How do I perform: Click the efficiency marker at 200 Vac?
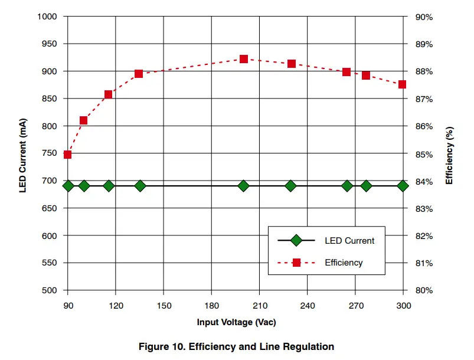coord(244,59)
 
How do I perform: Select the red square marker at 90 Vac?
coord(67,155)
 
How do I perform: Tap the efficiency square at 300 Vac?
coord(403,84)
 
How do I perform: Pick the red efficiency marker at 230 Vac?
coord(292,64)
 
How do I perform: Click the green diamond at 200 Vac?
coord(244,186)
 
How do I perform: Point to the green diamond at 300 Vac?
coord(403,186)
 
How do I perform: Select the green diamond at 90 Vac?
coord(68,186)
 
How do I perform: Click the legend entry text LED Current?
coord(349,241)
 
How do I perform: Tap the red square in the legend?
coord(296,263)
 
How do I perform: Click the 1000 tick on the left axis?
coord(47,17)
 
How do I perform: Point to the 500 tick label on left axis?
coord(50,290)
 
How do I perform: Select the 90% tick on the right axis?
coord(424,17)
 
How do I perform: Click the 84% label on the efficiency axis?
coord(424,182)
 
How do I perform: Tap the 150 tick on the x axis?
coord(164,306)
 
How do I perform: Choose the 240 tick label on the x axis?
coord(308,306)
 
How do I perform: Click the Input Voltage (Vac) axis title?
coord(236,323)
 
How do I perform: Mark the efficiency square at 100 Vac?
coord(84,120)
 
